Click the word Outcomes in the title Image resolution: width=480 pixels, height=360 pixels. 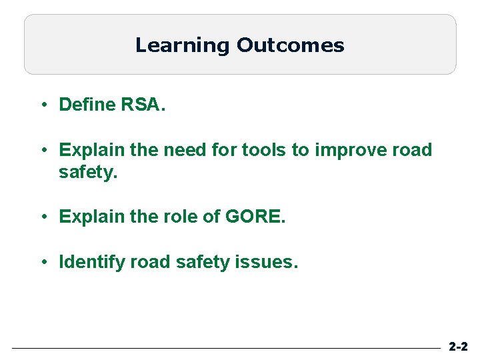pyautogui.click(x=290, y=45)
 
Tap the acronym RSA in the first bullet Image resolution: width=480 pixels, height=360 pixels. pyautogui.click(x=143, y=105)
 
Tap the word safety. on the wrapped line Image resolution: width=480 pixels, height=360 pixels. pyautogui.click(x=88, y=173)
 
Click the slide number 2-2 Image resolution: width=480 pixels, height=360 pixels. pyautogui.click(x=458, y=347)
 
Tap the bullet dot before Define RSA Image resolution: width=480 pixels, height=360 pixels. pyautogui.click(x=43, y=105)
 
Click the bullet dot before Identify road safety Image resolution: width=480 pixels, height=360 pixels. pyautogui.click(x=43, y=262)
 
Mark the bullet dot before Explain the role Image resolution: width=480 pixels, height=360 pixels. pyautogui.click(x=43, y=217)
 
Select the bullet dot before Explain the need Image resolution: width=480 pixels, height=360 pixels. pyautogui.click(x=43, y=150)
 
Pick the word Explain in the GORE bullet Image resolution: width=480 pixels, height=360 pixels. pyautogui.click(x=92, y=217)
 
